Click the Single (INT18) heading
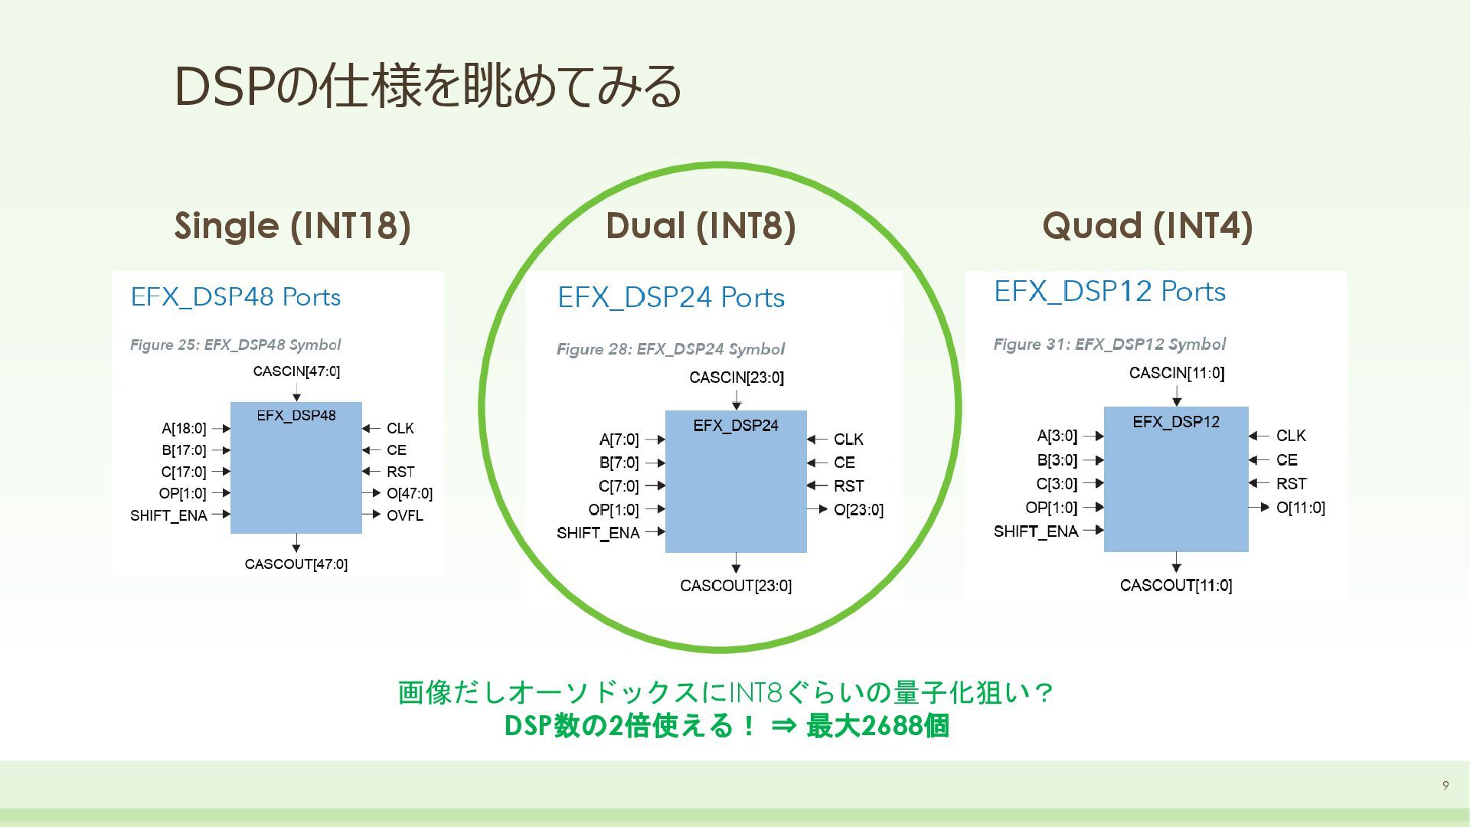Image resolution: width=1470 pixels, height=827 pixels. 292,226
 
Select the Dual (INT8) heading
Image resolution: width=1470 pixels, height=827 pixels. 701,226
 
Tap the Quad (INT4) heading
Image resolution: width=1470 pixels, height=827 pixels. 1147,226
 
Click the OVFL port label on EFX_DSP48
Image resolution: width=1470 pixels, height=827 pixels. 404,515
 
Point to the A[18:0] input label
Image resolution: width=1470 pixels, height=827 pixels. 184,428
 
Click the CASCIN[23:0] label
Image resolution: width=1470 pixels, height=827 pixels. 737,378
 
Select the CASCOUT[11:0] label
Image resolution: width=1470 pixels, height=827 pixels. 1175,586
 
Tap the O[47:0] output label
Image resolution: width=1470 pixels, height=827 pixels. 409,493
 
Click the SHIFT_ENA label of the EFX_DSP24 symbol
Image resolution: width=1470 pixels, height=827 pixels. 598,533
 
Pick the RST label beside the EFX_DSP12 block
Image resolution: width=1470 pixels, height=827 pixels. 1291,484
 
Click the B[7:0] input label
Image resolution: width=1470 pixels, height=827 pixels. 619,463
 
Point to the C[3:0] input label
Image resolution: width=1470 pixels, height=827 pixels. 1057,484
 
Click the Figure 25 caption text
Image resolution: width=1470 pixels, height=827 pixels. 235,345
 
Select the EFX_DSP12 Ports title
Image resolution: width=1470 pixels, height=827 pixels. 1109,292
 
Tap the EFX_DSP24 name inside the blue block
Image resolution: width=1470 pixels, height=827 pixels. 736,426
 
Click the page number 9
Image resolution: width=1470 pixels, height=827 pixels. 1445,785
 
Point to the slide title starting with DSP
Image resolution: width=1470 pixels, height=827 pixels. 428,86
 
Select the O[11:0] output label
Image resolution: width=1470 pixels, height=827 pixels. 1300,508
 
